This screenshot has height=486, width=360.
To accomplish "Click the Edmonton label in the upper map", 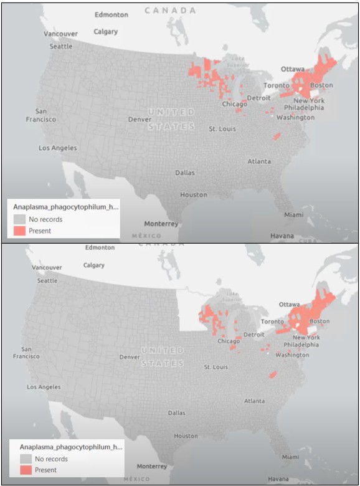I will (x=111, y=14).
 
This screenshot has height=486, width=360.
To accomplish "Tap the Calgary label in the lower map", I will (x=93, y=265).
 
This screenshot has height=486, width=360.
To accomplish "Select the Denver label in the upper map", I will (x=140, y=119).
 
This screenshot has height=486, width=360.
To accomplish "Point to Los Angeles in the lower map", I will (x=44, y=387).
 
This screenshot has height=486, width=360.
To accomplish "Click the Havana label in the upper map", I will (x=283, y=236).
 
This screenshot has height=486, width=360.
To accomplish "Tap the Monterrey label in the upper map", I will (x=161, y=224).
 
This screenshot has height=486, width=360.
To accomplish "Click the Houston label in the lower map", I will (x=186, y=436).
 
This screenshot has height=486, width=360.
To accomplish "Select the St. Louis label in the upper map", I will (x=222, y=129).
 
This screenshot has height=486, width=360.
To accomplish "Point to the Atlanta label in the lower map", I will (x=253, y=401).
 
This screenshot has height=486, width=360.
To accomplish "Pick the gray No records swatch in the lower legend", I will (x=26, y=459).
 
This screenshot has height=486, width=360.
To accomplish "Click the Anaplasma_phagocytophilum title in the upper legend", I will (x=65, y=206).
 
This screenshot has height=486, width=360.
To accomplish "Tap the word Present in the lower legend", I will (x=45, y=470).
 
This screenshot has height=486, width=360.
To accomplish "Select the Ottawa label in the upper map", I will (x=293, y=69).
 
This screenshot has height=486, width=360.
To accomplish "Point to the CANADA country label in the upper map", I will (x=170, y=11).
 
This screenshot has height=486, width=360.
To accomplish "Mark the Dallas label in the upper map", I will (x=184, y=173).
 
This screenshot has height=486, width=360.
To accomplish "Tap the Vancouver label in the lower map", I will (x=47, y=267).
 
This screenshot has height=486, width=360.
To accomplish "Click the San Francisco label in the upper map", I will (x=40, y=115).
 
